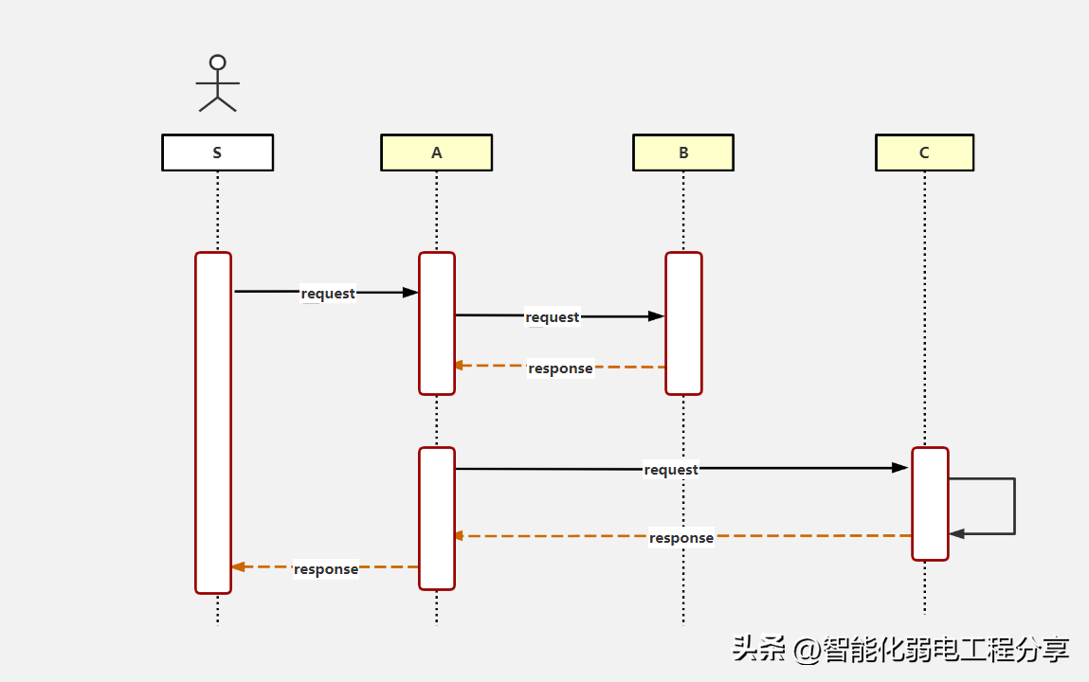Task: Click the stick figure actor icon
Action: pos(217,83)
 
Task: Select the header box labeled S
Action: pos(217,153)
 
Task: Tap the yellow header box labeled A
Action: pos(436,153)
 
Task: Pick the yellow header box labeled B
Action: pos(683,153)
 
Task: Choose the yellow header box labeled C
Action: pos(924,153)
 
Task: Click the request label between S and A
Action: pos(328,294)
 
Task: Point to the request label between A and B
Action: pos(552,317)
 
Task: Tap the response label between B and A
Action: pos(560,368)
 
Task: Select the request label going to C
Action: pos(671,470)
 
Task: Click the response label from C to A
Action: pos(681,538)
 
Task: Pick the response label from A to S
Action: pos(326,569)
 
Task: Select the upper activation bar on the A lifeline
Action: pos(437,323)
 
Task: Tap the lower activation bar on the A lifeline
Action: pos(437,518)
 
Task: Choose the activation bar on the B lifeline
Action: pos(683,323)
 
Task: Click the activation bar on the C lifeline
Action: pos(930,503)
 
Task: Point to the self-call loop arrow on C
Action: pos(1013,506)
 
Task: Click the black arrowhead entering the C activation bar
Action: pos(900,468)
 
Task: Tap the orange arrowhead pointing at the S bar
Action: pos(238,566)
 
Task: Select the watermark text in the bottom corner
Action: pos(900,650)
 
